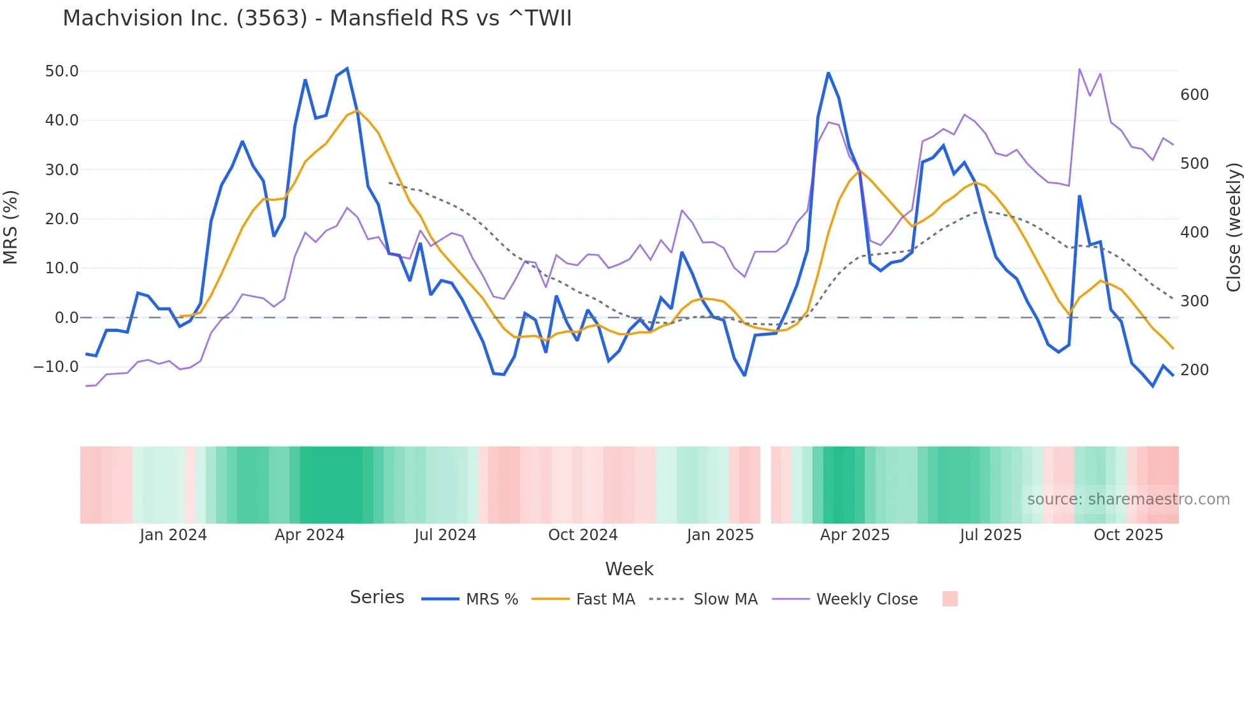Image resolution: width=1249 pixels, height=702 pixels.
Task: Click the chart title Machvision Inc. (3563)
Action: click(x=317, y=18)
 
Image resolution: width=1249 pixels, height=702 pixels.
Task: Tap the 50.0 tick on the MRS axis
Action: click(x=62, y=71)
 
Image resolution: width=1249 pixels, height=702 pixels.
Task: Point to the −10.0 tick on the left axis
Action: click(x=57, y=367)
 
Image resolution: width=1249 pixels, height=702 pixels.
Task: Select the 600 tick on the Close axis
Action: click(x=1194, y=95)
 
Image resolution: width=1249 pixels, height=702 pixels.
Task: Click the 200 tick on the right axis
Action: click(x=1194, y=370)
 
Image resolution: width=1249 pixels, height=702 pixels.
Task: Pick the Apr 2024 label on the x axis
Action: click(x=309, y=535)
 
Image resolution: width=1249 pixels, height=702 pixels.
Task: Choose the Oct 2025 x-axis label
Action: click(x=1128, y=535)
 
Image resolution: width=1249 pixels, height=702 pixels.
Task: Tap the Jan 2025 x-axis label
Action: click(x=720, y=535)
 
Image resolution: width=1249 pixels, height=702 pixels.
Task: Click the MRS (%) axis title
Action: click(x=10, y=227)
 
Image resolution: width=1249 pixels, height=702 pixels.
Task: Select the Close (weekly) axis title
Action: click(x=1234, y=227)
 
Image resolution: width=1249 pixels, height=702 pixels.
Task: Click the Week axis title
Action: click(x=629, y=569)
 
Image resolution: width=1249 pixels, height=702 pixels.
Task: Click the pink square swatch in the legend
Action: click(x=949, y=599)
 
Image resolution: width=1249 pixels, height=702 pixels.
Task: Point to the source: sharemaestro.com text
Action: click(x=1128, y=499)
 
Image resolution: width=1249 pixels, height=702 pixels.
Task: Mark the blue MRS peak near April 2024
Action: click(x=347, y=69)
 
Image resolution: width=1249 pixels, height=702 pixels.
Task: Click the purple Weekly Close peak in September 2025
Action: click(x=1079, y=69)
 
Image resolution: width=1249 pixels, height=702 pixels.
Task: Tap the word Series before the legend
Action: click(x=377, y=598)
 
